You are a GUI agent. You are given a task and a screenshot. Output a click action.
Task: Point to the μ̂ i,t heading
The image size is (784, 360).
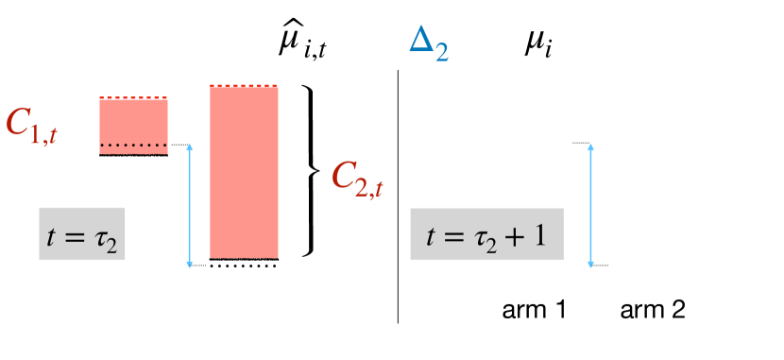(298, 43)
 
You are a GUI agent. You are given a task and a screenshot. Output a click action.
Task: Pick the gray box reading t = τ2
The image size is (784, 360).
(82, 233)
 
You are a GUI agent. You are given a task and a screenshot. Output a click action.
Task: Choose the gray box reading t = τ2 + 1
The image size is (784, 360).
(486, 233)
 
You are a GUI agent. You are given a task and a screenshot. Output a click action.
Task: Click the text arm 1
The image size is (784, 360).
(534, 309)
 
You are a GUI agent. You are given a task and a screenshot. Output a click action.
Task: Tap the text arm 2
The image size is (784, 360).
(652, 309)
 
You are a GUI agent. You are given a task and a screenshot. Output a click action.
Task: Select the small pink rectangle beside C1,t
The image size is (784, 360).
(133, 123)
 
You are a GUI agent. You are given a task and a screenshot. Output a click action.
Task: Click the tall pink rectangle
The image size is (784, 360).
(244, 170)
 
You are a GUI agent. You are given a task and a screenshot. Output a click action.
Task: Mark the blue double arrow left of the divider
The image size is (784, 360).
(191, 205)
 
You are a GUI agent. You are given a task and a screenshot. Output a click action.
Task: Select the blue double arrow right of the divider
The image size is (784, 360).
(590, 204)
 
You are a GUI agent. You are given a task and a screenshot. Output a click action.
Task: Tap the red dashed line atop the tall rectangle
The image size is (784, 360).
(244, 86)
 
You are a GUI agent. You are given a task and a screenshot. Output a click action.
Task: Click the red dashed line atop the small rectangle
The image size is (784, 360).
(133, 97)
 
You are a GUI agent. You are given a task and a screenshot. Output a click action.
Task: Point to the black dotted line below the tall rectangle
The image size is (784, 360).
(244, 266)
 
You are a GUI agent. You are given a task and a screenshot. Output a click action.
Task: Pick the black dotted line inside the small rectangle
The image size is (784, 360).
(133, 145)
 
